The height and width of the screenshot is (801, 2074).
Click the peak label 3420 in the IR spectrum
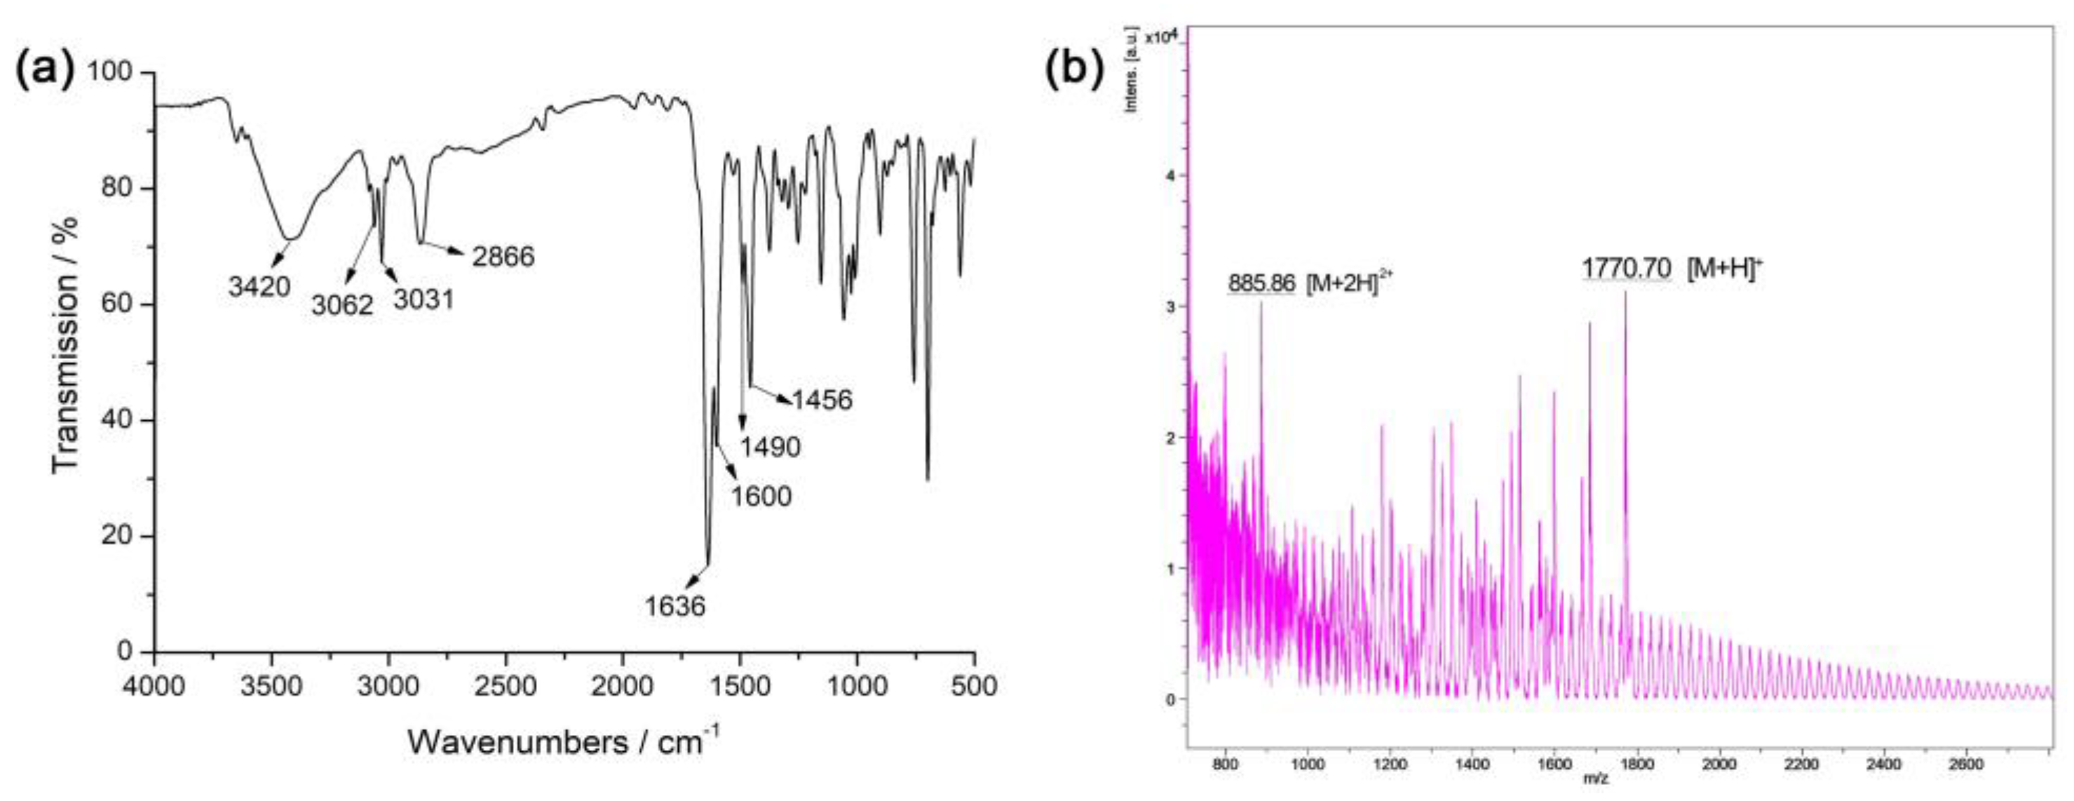tap(259, 285)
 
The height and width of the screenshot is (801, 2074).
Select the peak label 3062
tap(343, 304)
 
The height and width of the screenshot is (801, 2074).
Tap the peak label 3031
tap(423, 299)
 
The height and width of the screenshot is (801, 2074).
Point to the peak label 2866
tap(503, 257)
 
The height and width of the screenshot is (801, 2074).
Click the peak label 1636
tap(675, 605)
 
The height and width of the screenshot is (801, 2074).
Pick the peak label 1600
tap(761, 496)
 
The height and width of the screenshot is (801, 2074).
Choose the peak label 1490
tap(771, 447)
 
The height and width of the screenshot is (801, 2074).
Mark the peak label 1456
tap(821, 399)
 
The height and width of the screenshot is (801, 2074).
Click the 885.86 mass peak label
tap(1261, 283)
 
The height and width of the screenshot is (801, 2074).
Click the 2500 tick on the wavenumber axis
tap(506, 687)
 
